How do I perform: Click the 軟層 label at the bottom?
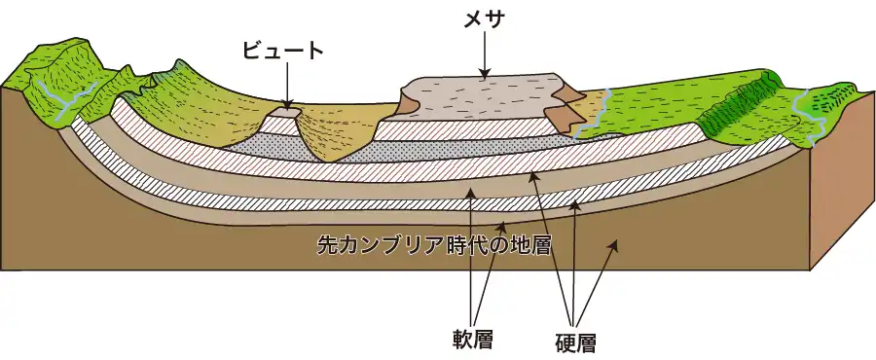coord(473,340)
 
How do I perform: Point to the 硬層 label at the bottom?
coord(574,342)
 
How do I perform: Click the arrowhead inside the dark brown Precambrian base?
coord(614,245)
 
